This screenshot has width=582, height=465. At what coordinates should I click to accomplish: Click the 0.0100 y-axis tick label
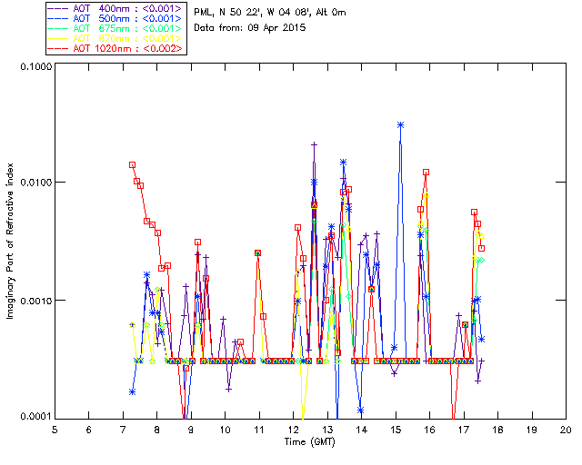point(34,183)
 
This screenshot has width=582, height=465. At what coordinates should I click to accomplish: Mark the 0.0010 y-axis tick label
point(34,300)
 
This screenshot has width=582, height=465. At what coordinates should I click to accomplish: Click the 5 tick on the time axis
point(55,430)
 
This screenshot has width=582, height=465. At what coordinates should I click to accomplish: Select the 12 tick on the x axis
point(293,430)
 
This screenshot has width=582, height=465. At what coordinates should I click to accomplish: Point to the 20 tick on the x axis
point(566,430)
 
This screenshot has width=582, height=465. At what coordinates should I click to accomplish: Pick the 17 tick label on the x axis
point(463,430)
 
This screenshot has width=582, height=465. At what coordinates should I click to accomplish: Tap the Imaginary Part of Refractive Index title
point(13,242)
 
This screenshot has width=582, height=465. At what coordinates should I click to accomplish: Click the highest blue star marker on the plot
point(400,124)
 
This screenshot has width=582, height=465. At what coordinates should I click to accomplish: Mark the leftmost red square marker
point(133,165)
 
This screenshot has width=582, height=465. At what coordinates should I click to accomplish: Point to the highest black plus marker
point(314,144)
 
